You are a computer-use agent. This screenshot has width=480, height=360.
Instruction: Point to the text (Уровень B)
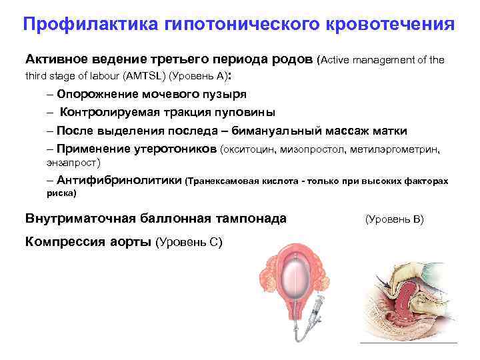394,219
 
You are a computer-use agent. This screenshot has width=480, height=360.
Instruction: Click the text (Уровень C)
189,241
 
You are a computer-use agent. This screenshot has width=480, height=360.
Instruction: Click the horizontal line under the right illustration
408,343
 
